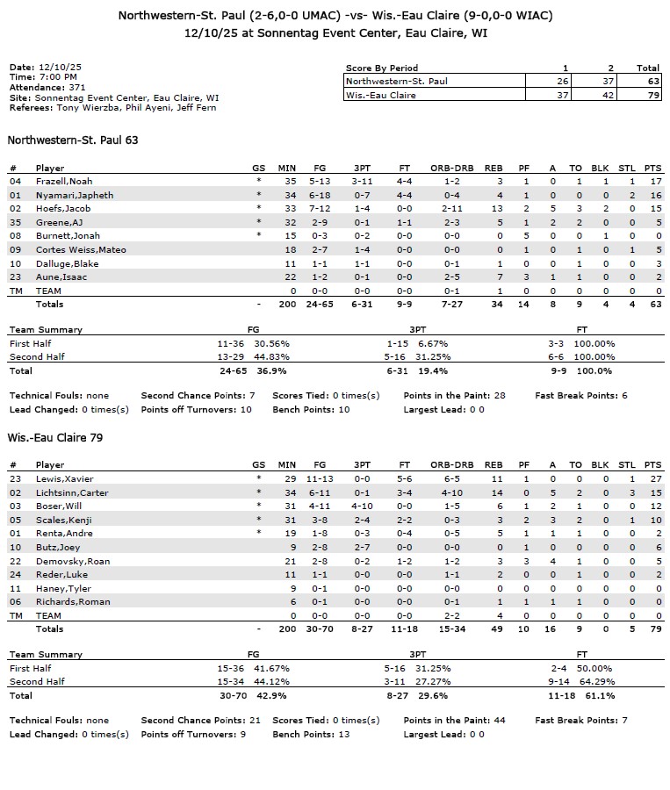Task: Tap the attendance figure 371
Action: point(77,88)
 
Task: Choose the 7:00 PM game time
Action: point(57,77)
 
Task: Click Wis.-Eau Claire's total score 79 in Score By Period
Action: point(648,95)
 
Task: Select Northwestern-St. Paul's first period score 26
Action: point(562,81)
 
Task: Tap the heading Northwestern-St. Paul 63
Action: point(73,140)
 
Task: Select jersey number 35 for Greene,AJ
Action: point(14,222)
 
